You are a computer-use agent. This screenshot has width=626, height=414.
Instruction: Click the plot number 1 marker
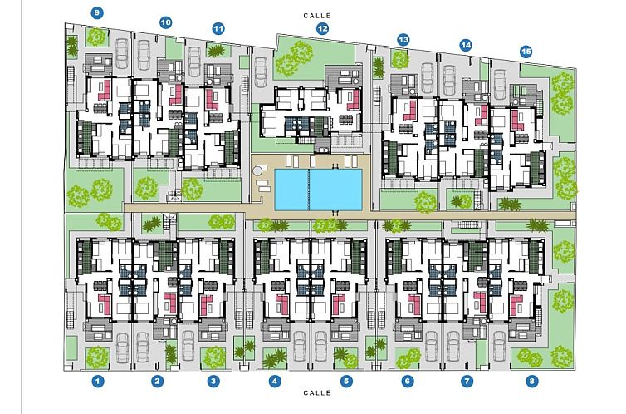click(98, 382)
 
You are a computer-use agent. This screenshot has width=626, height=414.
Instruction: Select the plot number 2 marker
click(156, 382)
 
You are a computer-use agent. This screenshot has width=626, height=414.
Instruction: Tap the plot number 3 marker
click(214, 382)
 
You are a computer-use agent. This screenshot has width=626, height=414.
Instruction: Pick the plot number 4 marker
click(275, 382)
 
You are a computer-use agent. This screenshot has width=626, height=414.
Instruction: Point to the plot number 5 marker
click(347, 382)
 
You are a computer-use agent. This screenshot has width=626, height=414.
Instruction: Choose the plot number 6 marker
click(408, 382)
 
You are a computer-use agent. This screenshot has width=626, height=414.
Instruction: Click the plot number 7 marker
click(467, 382)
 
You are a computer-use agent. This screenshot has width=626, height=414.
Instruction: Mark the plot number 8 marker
click(531, 382)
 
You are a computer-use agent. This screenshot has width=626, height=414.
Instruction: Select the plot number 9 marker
click(98, 12)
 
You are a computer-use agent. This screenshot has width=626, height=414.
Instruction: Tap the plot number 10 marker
click(165, 22)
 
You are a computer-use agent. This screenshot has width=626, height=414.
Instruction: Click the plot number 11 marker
click(218, 28)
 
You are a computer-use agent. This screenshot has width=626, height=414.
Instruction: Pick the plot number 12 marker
click(322, 28)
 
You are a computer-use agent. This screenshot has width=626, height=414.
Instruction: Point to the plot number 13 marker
click(403, 39)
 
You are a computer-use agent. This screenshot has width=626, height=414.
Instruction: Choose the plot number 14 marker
click(466, 44)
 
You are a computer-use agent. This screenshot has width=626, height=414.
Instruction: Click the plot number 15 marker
click(526, 51)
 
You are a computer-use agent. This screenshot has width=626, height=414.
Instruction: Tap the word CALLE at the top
click(317, 15)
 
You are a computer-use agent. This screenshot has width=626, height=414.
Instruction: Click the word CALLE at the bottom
click(317, 392)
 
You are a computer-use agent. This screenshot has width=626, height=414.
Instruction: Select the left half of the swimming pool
click(291, 189)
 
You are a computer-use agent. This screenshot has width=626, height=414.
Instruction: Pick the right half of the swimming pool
click(336, 189)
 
